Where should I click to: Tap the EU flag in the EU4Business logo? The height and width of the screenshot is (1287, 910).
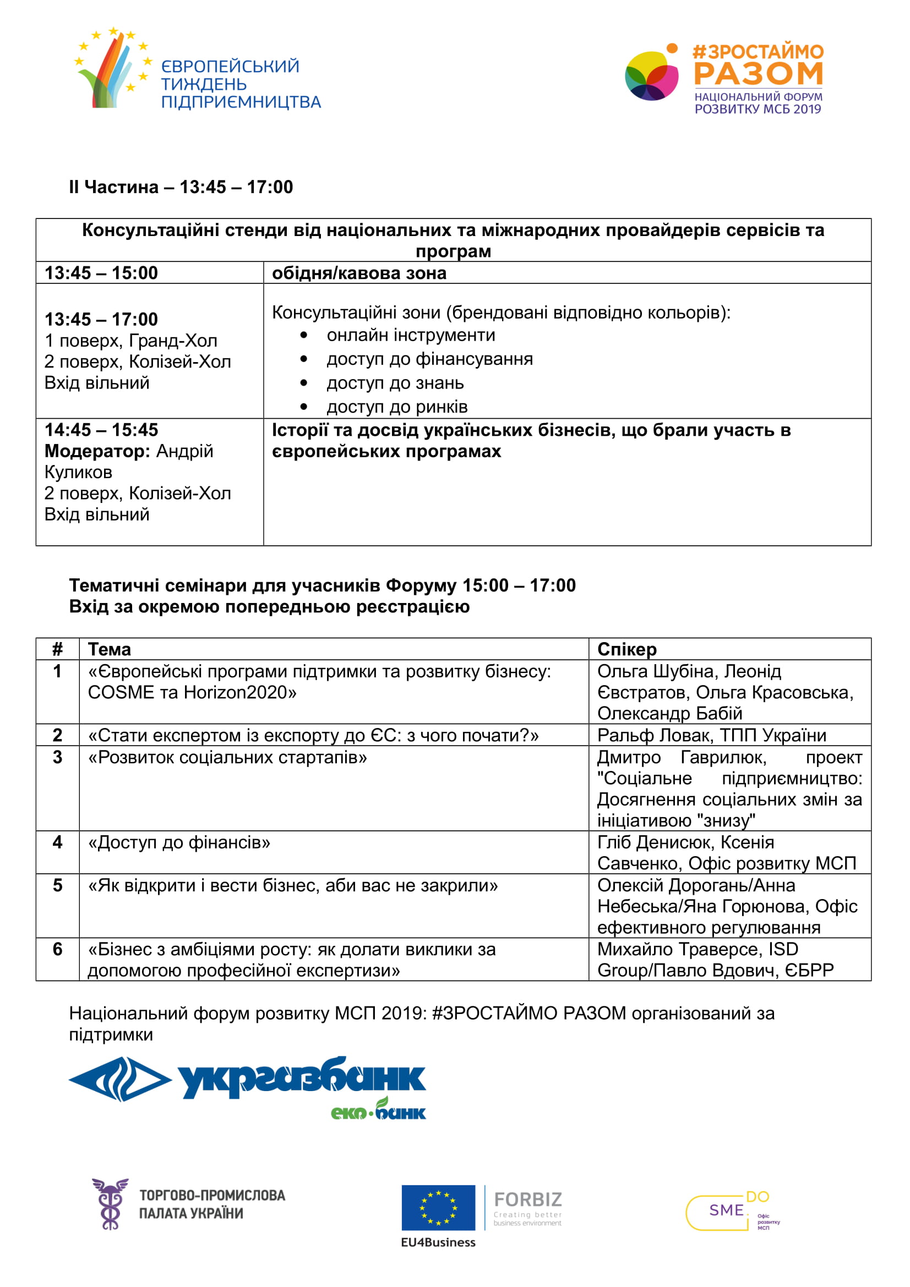pos(438,1207)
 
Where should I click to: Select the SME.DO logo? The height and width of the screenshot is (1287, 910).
pos(732,1210)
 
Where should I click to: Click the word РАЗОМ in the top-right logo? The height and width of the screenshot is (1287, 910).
pos(759,73)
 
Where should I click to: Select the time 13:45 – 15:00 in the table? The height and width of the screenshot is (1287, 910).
pos(101,273)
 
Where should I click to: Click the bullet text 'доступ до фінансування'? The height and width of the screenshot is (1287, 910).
pos(429,359)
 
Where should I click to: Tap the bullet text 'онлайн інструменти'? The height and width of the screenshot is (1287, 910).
pos(411,335)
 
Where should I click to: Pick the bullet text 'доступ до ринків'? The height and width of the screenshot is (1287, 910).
pos(397,407)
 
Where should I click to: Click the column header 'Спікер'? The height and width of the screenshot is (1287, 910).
pos(627,649)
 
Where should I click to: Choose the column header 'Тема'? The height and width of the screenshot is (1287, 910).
pos(110,649)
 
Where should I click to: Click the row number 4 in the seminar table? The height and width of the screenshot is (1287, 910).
pos(57,842)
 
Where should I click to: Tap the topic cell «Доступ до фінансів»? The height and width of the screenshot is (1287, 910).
pos(179,842)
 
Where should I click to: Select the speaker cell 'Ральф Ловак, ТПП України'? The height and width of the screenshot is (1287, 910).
pos(711,735)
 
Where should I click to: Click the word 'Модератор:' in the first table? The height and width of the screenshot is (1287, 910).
pos(97,451)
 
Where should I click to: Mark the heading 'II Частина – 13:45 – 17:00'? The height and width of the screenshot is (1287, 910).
pos(181,187)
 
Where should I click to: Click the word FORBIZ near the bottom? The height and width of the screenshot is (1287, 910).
pos(527,1199)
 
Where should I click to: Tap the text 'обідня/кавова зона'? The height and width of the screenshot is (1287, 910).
pos(359,273)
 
